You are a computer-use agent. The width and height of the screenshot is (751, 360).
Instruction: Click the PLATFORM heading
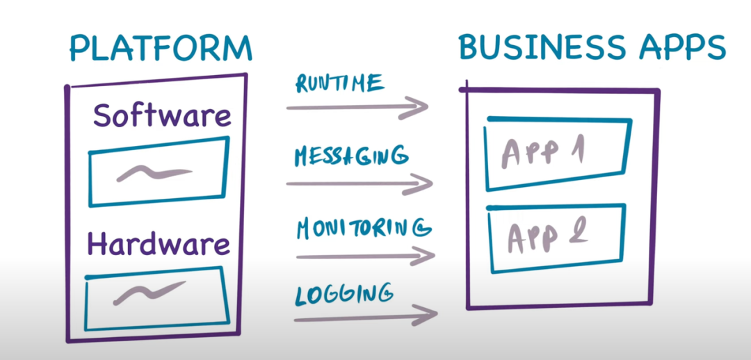[x=160, y=49]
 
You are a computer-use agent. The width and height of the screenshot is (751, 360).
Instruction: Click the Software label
[x=162, y=115]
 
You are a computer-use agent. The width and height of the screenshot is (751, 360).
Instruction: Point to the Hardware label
[x=158, y=244]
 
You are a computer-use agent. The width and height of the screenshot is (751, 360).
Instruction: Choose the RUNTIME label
[x=339, y=84]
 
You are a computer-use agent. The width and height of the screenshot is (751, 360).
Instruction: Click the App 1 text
[x=542, y=153]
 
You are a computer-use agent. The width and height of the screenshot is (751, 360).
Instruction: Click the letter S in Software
[x=103, y=116]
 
